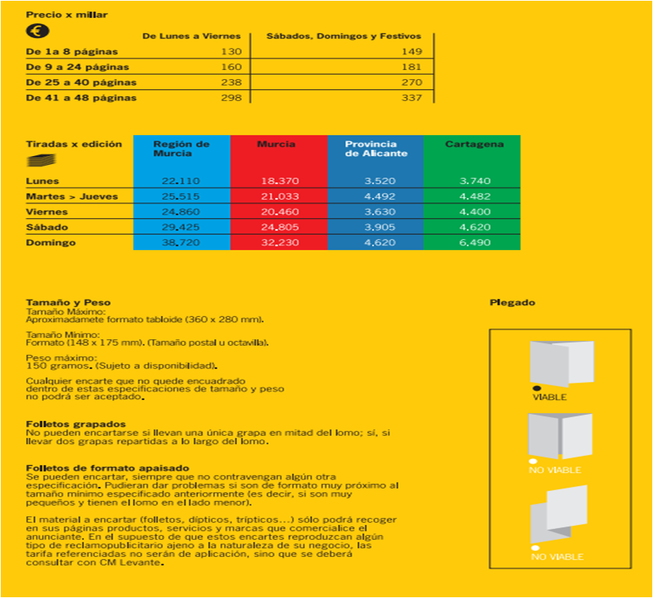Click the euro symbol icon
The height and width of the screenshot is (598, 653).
coord(37,32)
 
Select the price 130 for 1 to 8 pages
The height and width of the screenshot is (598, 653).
coord(231,52)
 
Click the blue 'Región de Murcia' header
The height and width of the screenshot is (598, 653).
coord(182,148)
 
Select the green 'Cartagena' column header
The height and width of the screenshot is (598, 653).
coord(474,144)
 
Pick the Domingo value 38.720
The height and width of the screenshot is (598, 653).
coord(181,243)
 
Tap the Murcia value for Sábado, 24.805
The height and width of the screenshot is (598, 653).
coord(280,228)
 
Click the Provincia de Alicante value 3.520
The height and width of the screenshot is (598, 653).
coord(376,181)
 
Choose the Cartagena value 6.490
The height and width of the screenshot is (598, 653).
coord(474,243)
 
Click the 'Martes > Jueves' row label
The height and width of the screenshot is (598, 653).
coord(71,196)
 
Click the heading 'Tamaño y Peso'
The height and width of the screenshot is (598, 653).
coord(68,302)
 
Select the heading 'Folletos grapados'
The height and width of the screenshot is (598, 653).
coord(75,423)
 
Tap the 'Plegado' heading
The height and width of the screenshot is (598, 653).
coord(512,302)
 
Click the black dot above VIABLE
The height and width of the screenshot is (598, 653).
coord(536,388)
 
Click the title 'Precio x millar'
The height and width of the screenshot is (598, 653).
coord(67,15)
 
